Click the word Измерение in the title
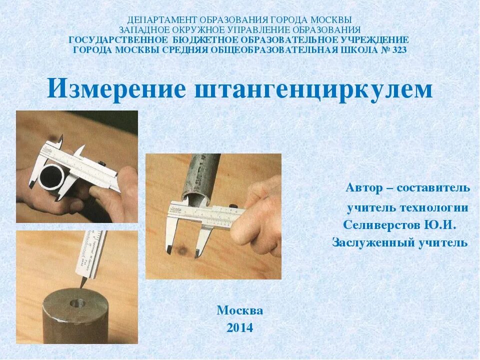pyautogui.click(x=116, y=89)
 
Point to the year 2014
pyautogui.click(x=239, y=328)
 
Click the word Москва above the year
pyautogui.click(x=239, y=310)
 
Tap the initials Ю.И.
pyautogui.click(x=440, y=225)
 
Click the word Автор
pyautogui.click(x=364, y=188)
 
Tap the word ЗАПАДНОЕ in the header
pyautogui.click(x=142, y=30)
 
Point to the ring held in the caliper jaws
pyautogui.click(x=50, y=177)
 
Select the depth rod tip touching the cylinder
pyautogui.click(x=81, y=285)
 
